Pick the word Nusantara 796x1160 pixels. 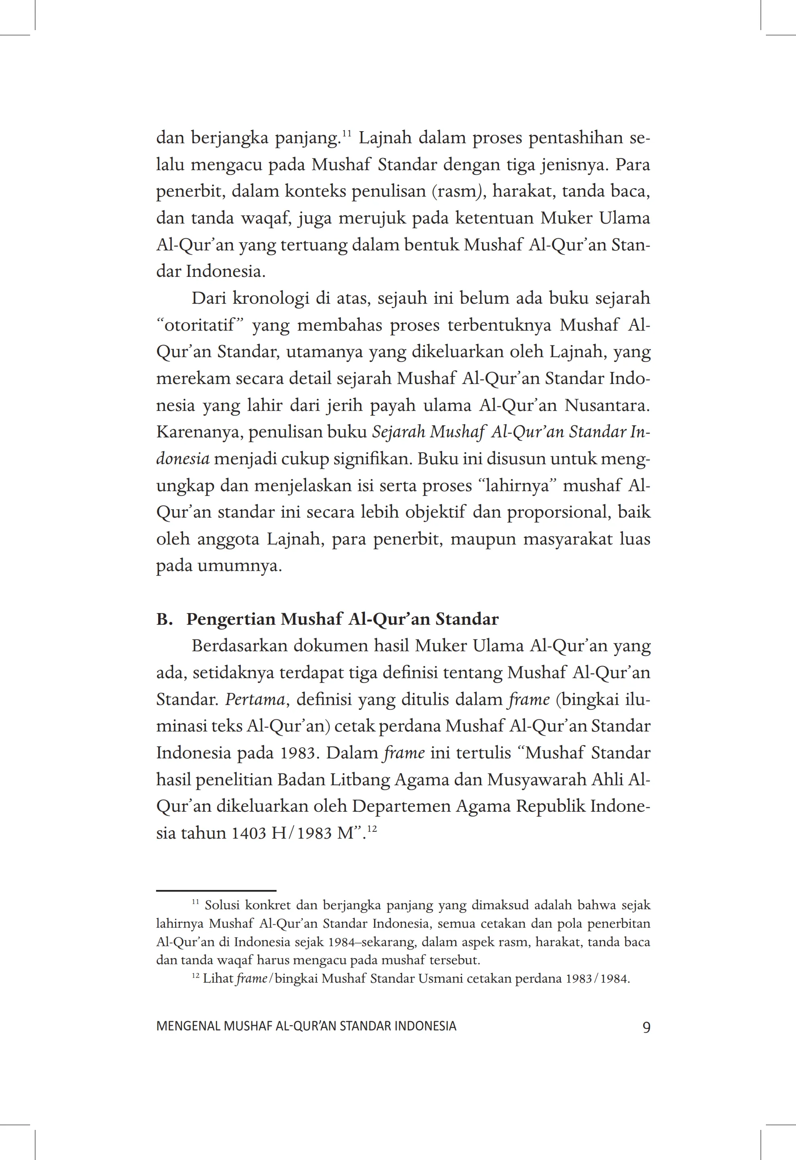607,405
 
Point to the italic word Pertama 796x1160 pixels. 254,699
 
